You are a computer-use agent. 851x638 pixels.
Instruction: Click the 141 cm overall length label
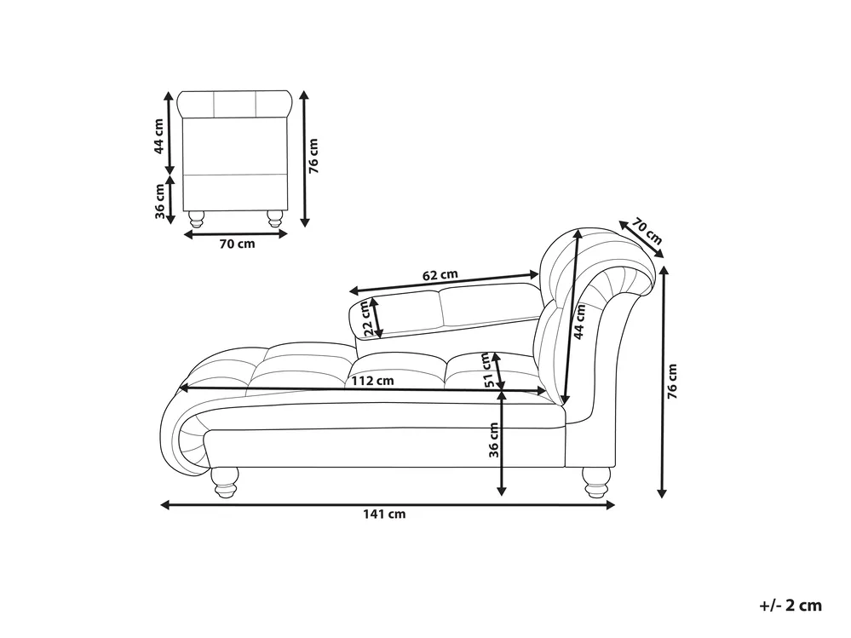tap(384, 514)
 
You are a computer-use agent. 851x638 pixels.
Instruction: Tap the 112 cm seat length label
tap(372, 380)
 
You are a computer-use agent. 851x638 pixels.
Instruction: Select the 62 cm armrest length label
tap(440, 274)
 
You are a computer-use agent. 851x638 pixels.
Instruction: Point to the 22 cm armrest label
tap(367, 318)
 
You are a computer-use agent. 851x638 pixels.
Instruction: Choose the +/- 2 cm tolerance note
tap(791, 606)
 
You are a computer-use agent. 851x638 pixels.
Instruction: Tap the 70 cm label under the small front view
tap(237, 244)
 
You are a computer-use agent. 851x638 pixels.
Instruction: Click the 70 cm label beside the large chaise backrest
tap(647, 232)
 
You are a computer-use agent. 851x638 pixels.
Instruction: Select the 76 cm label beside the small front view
tap(313, 156)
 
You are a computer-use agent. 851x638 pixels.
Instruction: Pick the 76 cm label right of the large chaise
tap(672, 382)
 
